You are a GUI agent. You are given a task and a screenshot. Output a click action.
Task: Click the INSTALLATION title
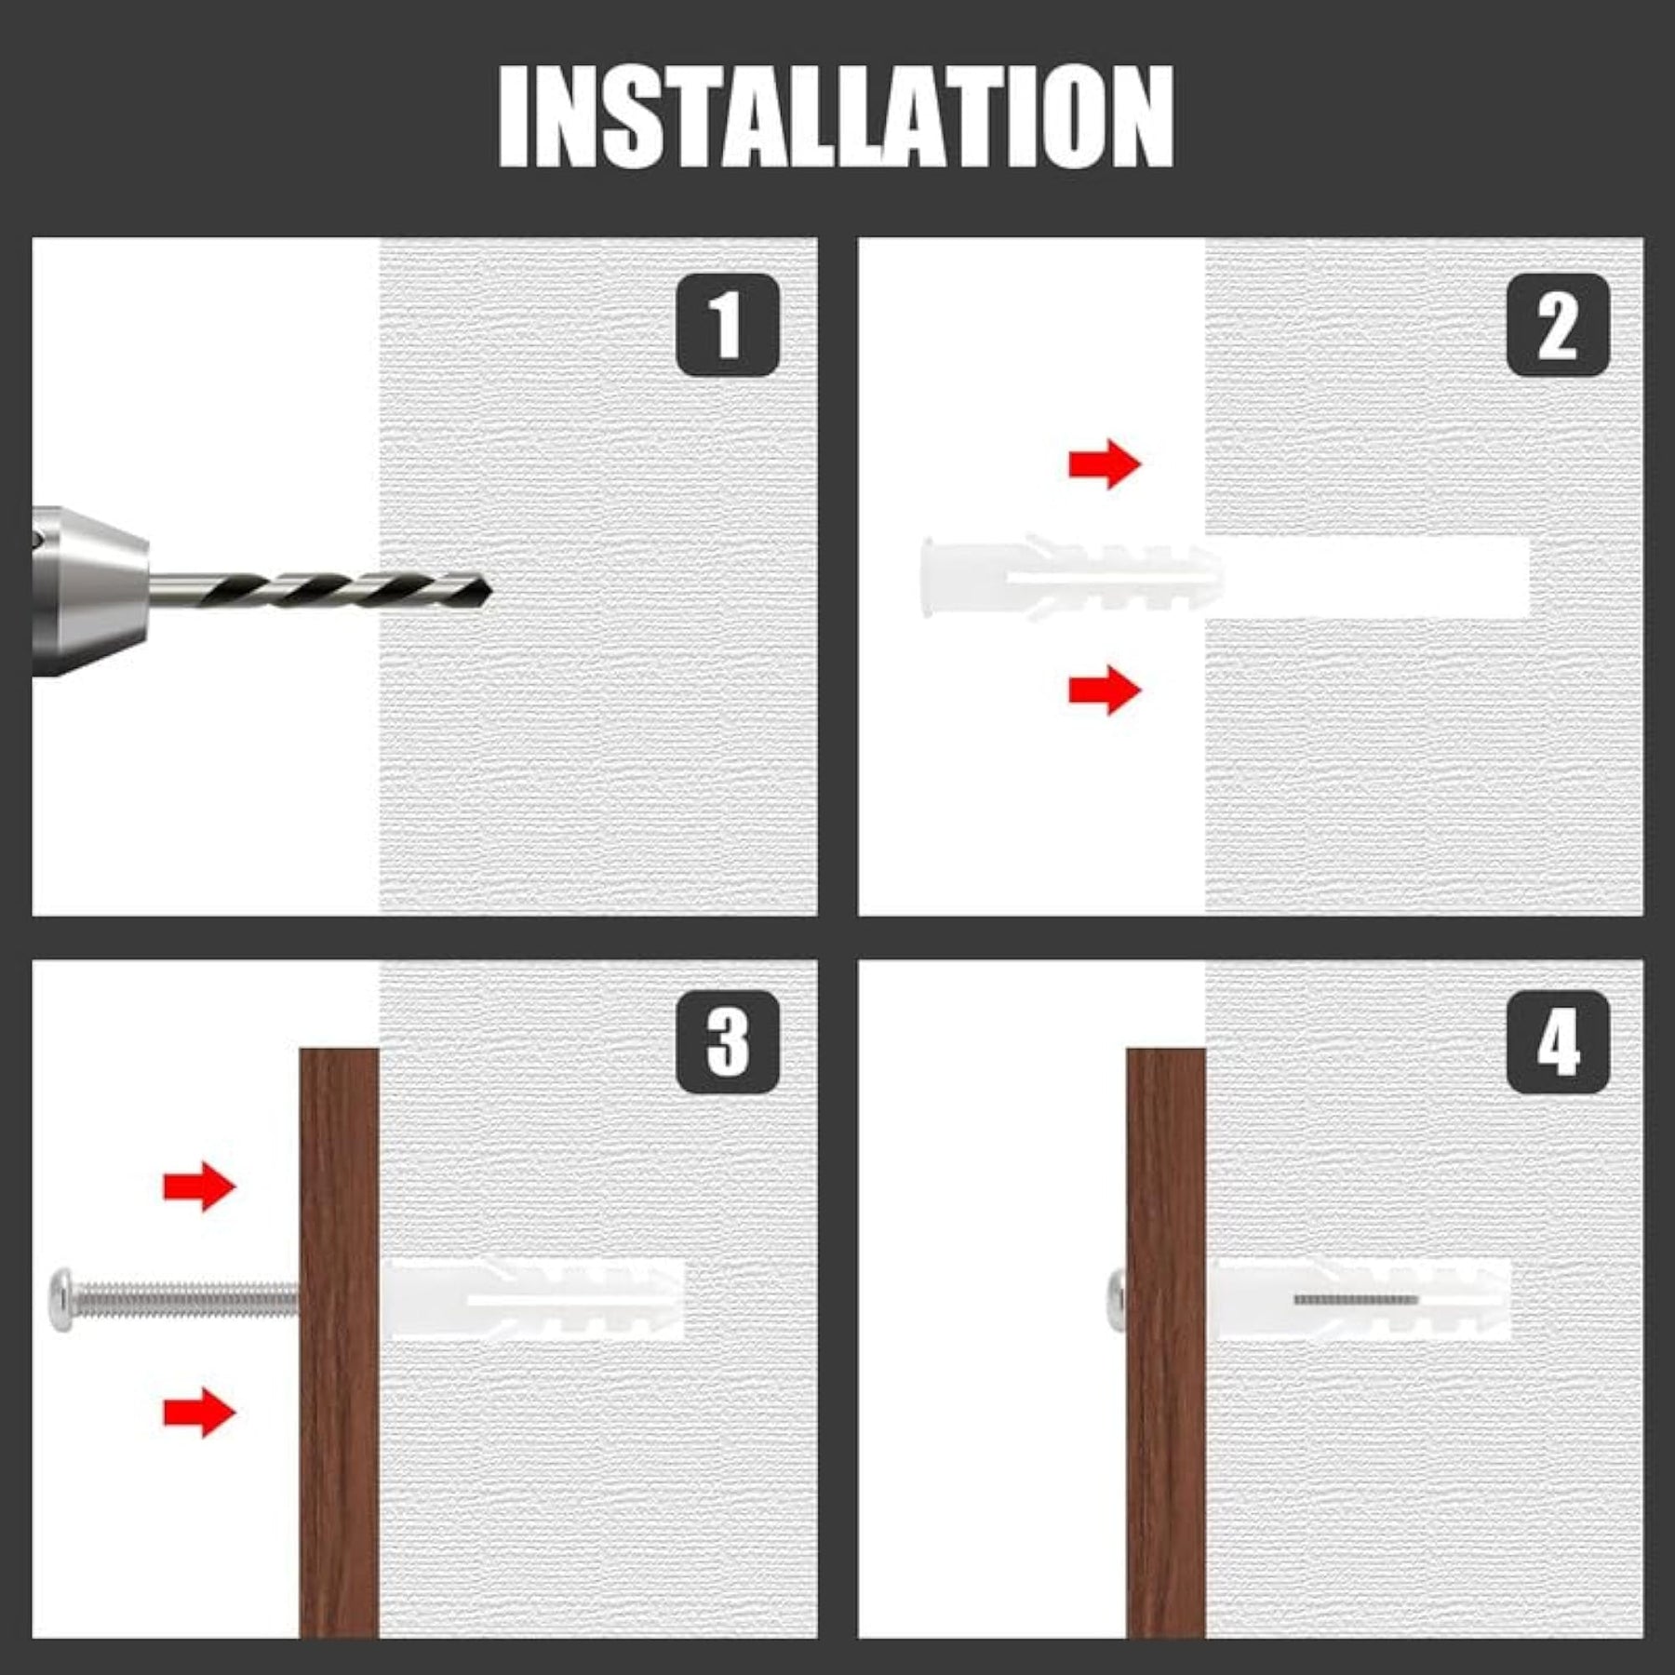click(x=836, y=116)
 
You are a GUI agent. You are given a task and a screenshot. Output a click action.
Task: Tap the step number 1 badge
click(x=727, y=325)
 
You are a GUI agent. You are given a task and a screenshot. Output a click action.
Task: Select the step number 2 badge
click(x=1558, y=325)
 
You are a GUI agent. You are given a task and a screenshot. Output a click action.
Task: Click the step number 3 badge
click(x=727, y=1041)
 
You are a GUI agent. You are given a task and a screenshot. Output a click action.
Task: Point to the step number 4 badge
click(x=1558, y=1041)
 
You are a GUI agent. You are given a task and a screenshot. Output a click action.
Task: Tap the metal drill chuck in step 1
click(x=89, y=590)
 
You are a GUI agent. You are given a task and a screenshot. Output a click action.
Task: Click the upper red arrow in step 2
click(x=1105, y=463)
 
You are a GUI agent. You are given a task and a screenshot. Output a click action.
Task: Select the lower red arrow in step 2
click(x=1105, y=690)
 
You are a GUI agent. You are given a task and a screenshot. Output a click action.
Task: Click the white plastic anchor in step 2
click(x=1070, y=577)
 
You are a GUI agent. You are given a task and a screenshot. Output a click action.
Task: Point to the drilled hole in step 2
click(x=1368, y=577)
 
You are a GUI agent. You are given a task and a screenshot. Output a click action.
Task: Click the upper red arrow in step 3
click(x=199, y=1186)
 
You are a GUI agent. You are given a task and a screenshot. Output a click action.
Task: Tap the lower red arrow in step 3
click(x=199, y=1413)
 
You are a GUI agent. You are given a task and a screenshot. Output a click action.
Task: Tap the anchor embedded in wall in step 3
click(x=532, y=1299)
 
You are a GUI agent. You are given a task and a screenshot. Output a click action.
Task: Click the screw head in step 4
click(x=1117, y=1299)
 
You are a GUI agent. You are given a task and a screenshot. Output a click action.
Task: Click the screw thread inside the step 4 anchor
click(x=1356, y=1299)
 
